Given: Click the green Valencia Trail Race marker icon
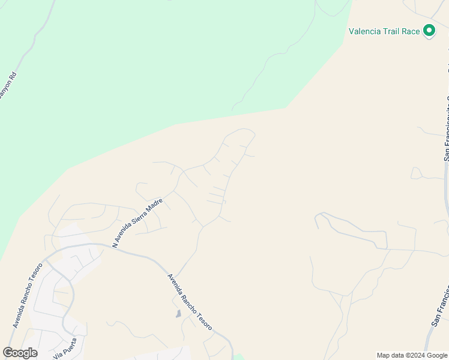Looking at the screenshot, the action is pos(429,31).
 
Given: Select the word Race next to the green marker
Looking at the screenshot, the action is pos(411,31).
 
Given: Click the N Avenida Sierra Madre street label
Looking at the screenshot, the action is pos(137,223).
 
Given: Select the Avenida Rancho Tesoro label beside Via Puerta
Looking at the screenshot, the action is pos(26,295).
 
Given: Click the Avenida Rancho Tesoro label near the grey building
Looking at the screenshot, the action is pos(189,302).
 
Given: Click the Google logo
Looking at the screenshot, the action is pos(20,353).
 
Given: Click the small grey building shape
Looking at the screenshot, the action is pos(178,313).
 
